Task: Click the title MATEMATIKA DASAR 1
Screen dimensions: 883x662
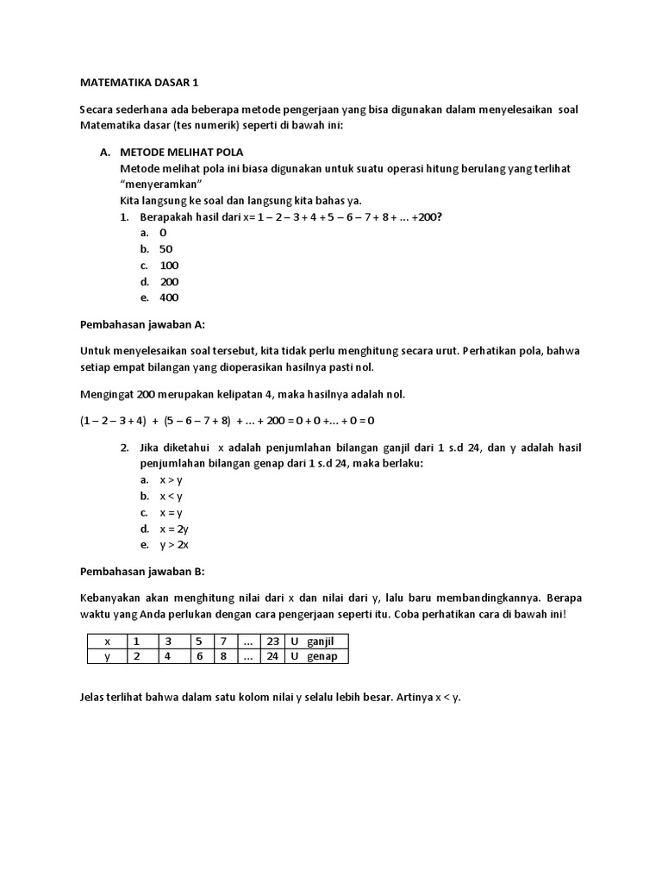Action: point(139,84)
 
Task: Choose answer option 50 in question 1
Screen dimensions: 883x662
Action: point(166,249)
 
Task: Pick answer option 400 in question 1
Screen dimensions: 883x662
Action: point(169,297)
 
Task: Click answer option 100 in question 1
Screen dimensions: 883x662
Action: point(169,266)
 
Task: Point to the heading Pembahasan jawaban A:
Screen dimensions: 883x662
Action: point(143,324)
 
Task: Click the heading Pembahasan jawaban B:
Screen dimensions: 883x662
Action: point(142,572)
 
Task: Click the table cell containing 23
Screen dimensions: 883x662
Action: point(273,642)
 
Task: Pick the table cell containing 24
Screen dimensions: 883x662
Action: point(273,656)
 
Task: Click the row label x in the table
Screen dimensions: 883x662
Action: point(107,642)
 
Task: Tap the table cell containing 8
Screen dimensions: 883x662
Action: point(224,656)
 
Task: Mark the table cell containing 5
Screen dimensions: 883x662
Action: point(198,642)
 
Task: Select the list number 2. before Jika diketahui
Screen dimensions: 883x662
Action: point(125,448)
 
